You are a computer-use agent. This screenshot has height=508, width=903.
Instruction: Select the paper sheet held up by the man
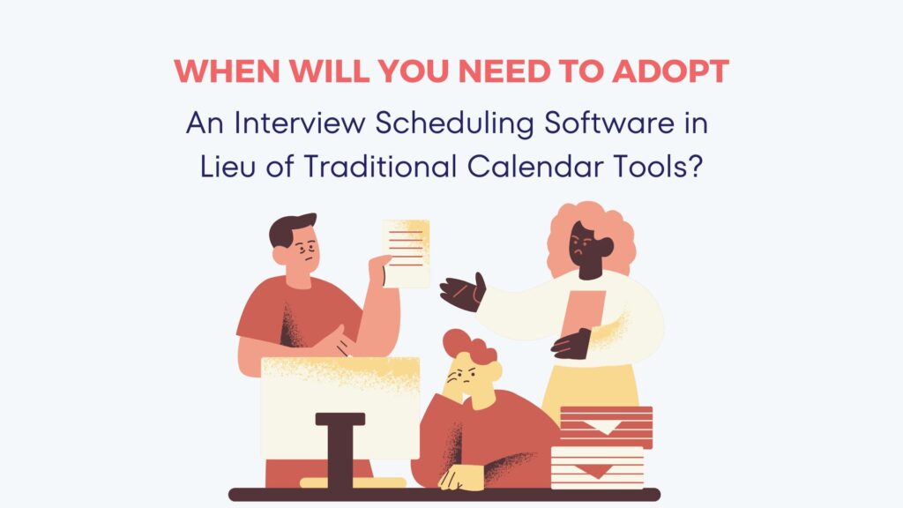(406, 251)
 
